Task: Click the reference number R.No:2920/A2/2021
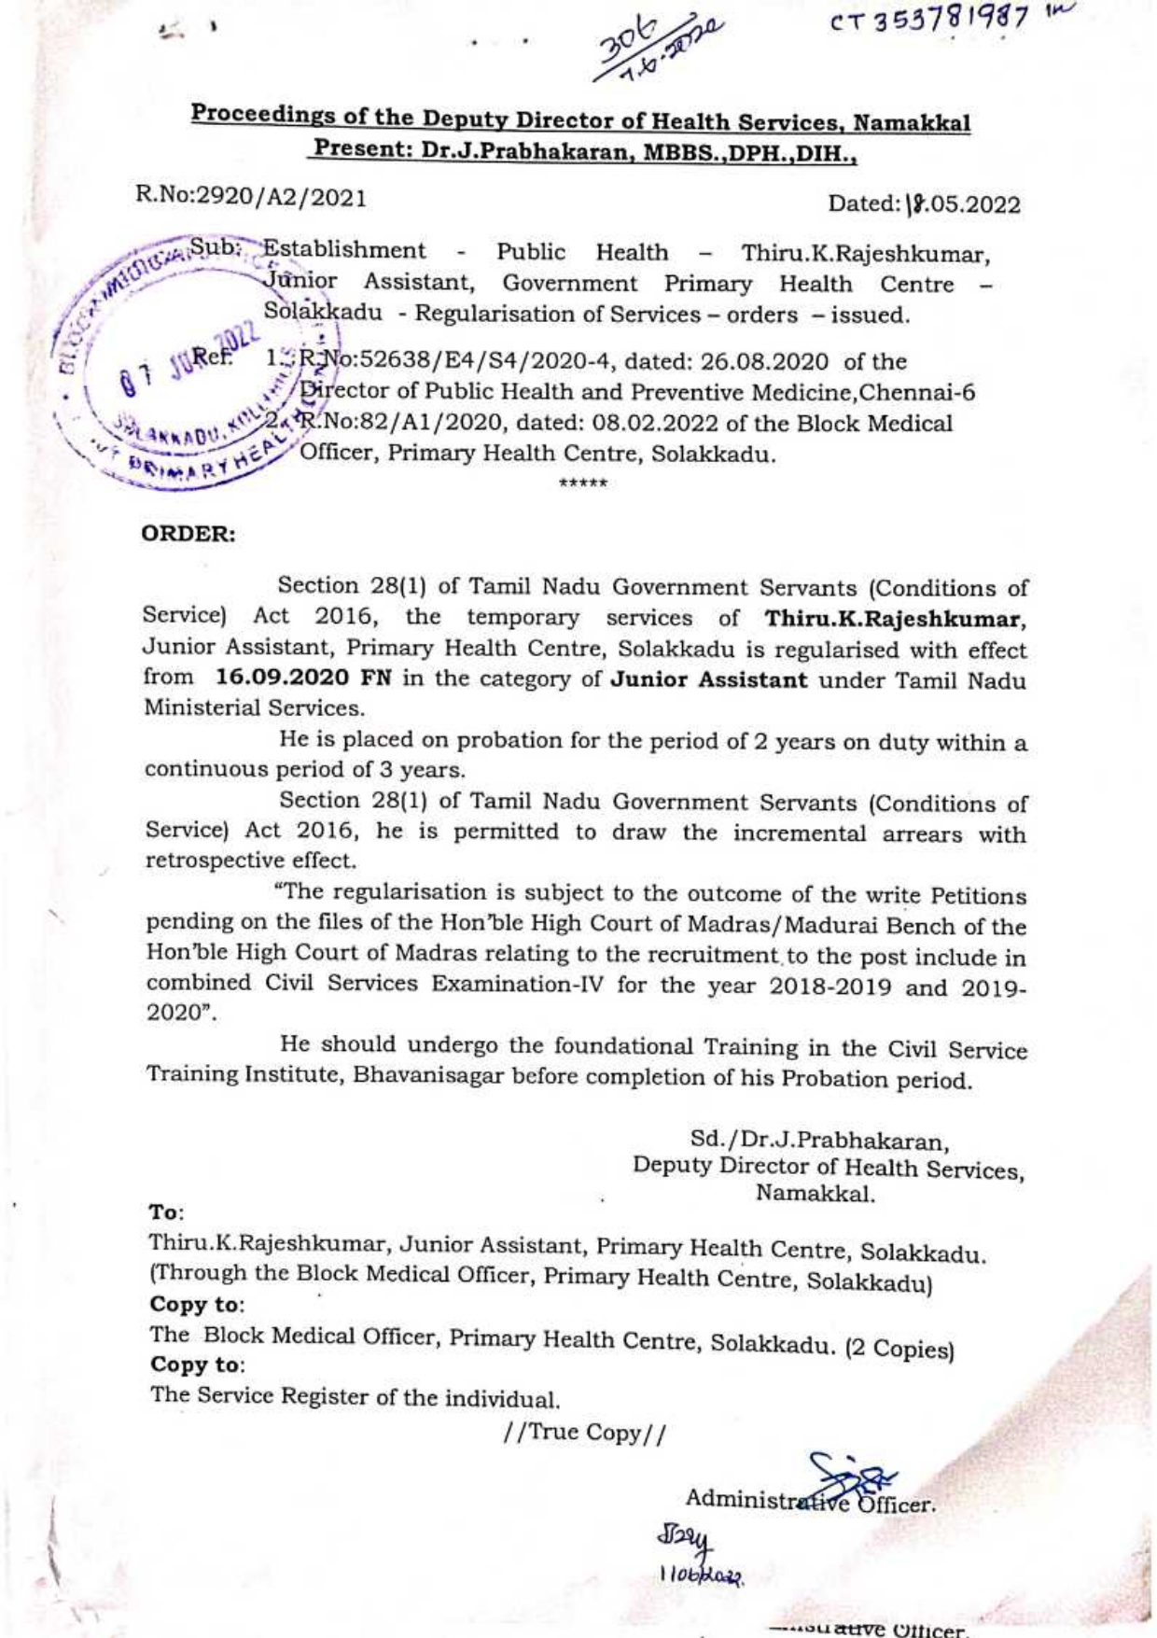(251, 197)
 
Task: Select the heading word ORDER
(188, 535)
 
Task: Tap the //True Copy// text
(584, 1433)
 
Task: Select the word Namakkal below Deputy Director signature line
(815, 1193)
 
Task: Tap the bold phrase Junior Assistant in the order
(708, 679)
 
